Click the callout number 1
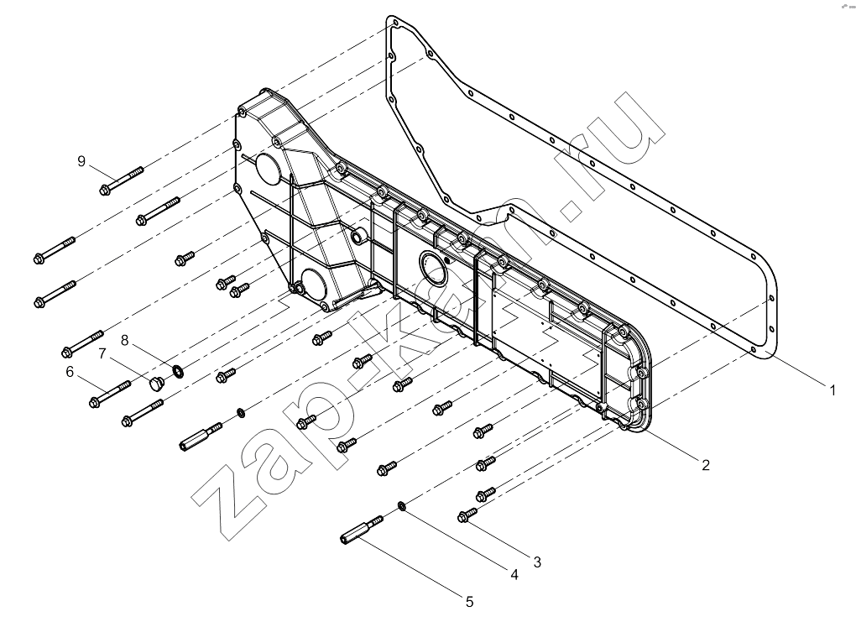pyautogui.click(x=833, y=390)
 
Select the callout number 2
pyautogui.click(x=705, y=465)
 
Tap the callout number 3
pyautogui.click(x=537, y=562)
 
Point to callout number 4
pyautogui.click(x=514, y=574)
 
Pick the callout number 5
pyautogui.click(x=469, y=602)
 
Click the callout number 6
pyautogui.click(x=70, y=372)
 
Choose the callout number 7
pyautogui.click(x=102, y=354)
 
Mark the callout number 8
pyautogui.click(x=124, y=341)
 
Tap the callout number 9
pyautogui.click(x=81, y=161)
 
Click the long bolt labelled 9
pyautogui.click(x=121, y=180)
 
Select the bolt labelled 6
pyautogui.click(x=110, y=395)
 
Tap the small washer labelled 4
pyautogui.click(x=402, y=506)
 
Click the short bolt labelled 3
pyautogui.click(x=467, y=515)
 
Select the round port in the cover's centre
pyautogui.click(x=434, y=268)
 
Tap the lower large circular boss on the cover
pyautogui.click(x=311, y=286)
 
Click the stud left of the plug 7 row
pyautogui.click(x=201, y=436)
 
